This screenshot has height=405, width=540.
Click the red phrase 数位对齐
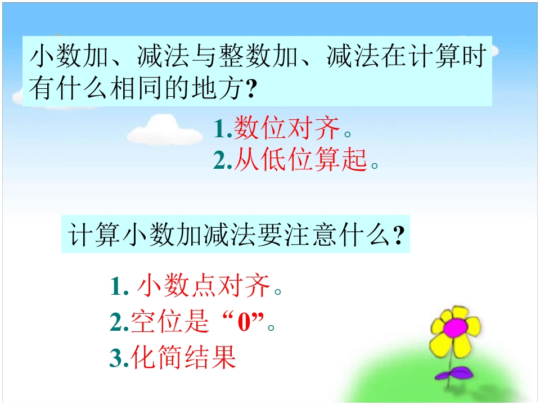coord(287,129)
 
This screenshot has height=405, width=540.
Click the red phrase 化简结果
coord(183,358)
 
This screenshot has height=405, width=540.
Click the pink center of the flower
coord(455,326)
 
